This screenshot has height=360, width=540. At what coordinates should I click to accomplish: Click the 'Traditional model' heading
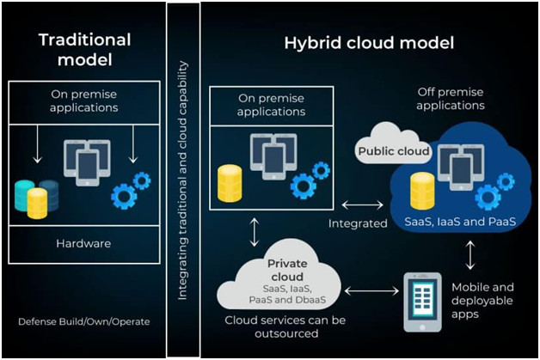(85, 50)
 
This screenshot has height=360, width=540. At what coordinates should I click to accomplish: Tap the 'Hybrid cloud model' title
(369, 42)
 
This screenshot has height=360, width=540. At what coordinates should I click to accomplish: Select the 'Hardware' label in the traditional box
(84, 243)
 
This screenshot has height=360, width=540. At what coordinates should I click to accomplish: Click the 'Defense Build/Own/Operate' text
(84, 321)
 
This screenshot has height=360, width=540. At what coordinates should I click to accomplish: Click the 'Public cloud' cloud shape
(392, 147)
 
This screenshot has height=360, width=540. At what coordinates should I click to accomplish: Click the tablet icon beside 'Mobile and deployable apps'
(422, 302)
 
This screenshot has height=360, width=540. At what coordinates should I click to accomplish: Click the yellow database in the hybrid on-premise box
(229, 181)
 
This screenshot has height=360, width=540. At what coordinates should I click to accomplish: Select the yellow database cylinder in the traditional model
(37, 202)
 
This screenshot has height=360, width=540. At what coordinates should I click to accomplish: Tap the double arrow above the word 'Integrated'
(360, 205)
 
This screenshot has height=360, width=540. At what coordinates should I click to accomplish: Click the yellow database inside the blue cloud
(421, 190)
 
